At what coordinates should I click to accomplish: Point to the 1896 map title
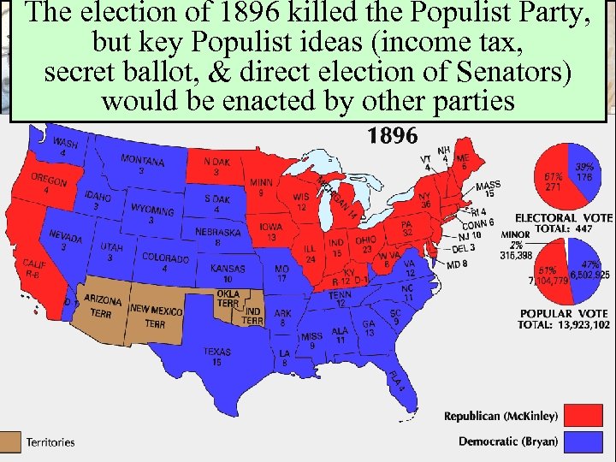(x=392, y=135)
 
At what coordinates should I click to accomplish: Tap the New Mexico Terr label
(x=155, y=315)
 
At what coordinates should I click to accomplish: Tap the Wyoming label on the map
(x=152, y=214)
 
